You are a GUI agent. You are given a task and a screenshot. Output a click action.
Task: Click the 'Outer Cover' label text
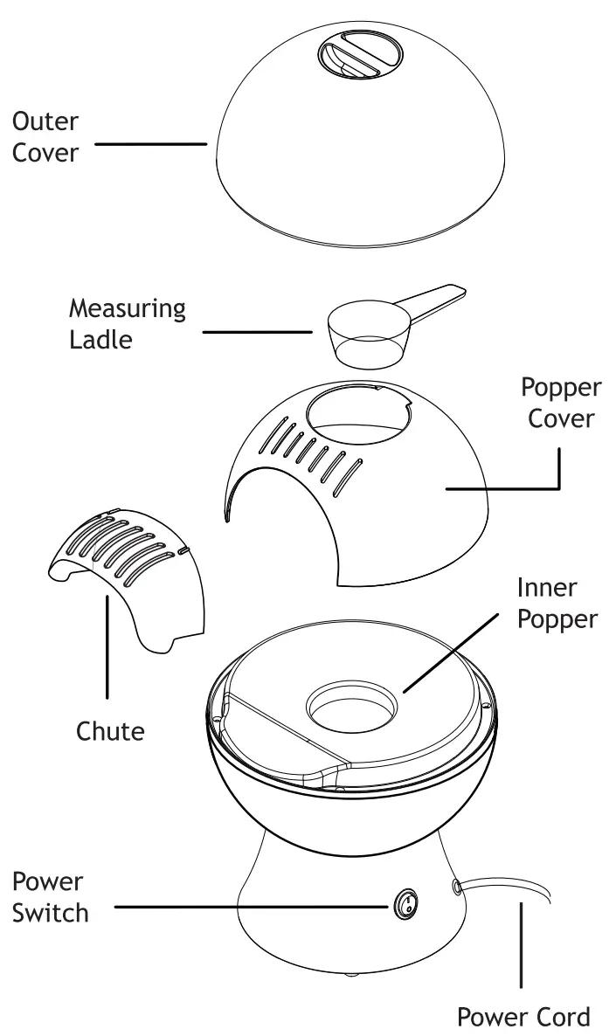(x=45, y=136)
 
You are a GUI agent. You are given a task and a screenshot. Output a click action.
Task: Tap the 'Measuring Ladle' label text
(x=128, y=323)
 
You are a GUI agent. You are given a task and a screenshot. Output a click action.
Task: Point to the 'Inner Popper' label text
(x=557, y=602)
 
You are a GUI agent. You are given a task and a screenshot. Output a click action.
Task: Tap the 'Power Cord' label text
(x=523, y=1016)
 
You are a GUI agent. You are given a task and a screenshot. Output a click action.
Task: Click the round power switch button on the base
(x=405, y=905)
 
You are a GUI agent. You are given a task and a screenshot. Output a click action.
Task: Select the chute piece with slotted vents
(x=131, y=568)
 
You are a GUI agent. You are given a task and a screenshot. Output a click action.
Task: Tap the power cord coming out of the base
(x=507, y=890)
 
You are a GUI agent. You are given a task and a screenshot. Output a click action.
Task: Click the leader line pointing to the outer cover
(x=149, y=143)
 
